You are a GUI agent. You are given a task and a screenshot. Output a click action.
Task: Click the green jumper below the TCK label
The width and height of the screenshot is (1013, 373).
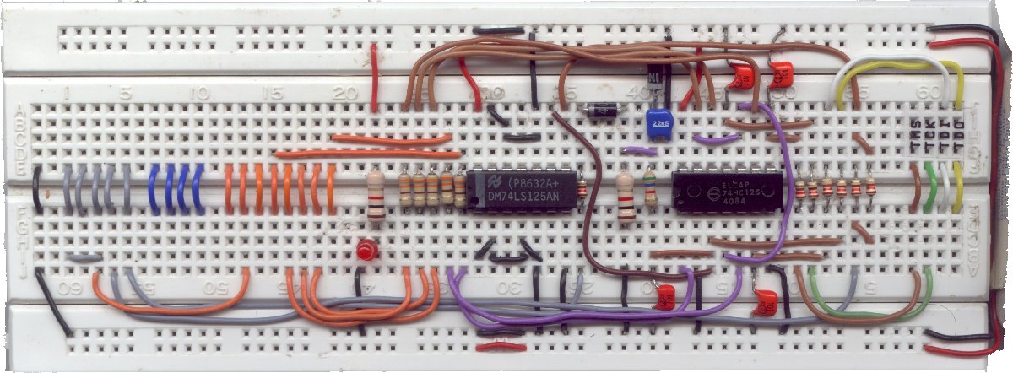pos(930,189)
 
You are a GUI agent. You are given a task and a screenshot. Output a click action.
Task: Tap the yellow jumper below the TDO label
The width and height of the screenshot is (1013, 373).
pos(958,191)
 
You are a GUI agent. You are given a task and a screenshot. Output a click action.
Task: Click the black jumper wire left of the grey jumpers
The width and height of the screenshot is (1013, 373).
pos(38,190)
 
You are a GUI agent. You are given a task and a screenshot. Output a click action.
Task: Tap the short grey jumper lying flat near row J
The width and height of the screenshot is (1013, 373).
pos(84,257)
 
